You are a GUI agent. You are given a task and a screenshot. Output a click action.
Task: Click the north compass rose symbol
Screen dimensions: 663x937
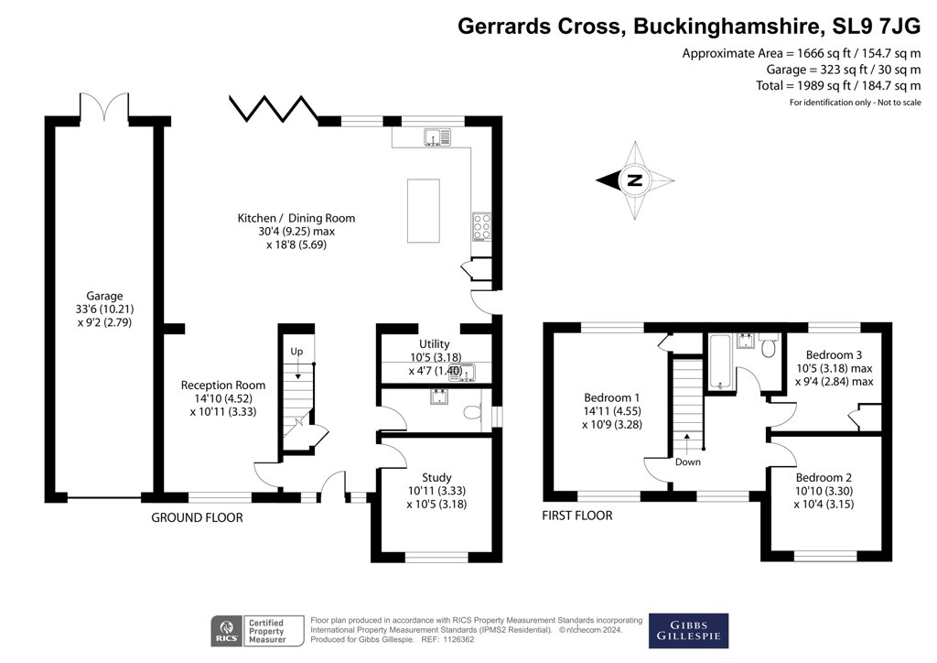[x=634, y=180]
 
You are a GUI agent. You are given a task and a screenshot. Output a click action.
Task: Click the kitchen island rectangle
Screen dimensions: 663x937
[x=423, y=211]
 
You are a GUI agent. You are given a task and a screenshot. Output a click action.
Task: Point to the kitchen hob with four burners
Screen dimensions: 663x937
[x=481, y=225]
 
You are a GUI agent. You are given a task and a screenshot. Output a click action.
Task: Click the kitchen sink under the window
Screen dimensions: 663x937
[x=437, y=137]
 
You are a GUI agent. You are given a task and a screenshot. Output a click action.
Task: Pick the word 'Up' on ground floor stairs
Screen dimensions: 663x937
[x=296, y=352]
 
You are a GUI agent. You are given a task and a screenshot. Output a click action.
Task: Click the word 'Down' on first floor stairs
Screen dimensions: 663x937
[x=687, y=462]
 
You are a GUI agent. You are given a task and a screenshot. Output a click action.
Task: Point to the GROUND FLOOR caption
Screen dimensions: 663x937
[x=197, y=517]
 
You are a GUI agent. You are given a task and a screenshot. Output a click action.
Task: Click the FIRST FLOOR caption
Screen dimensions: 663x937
[x=577, y=516]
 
